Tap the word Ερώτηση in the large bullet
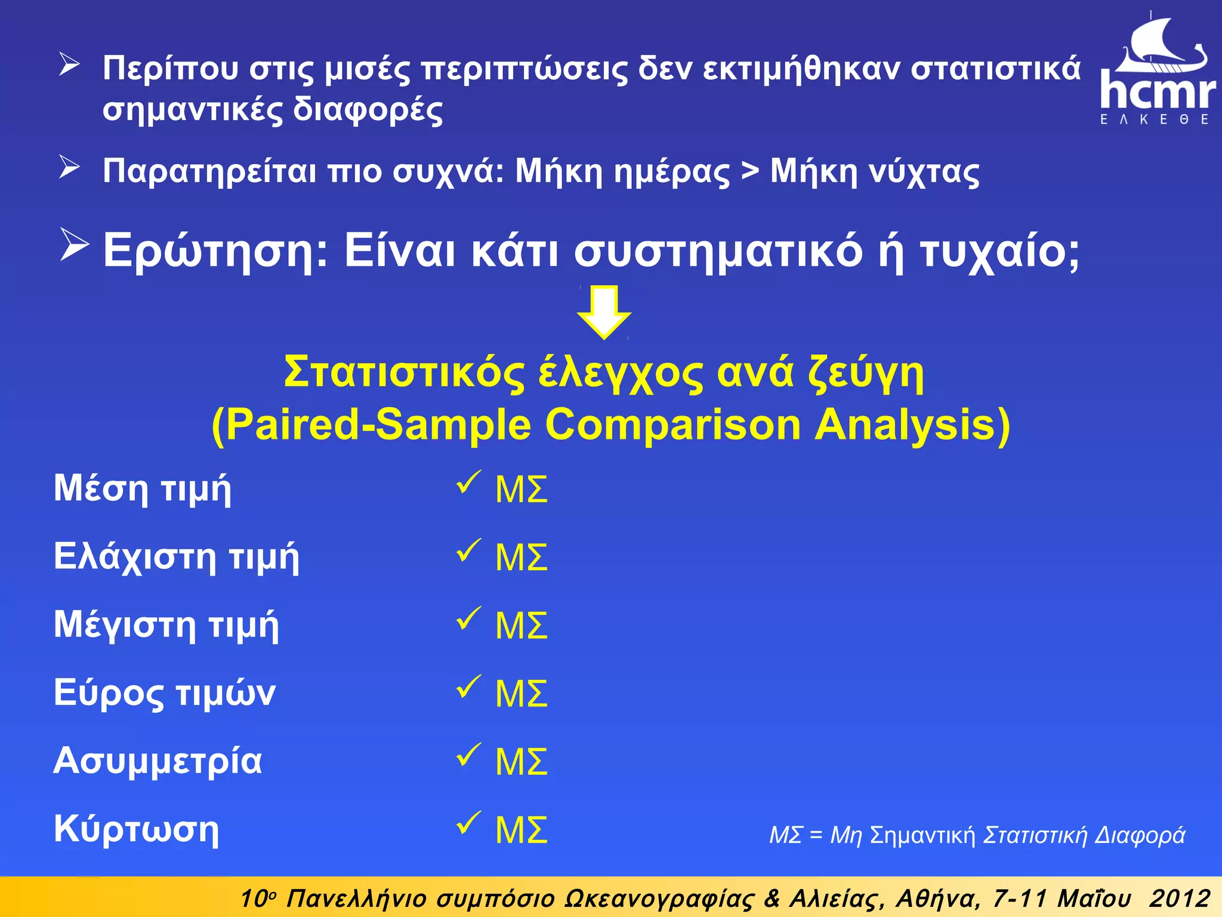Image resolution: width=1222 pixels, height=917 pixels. pyautogui.click(x=215, y=251)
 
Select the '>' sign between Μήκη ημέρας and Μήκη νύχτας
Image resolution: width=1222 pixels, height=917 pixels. pyautogui.click(x=749, y=171)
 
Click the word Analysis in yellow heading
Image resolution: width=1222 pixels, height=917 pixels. pyautogui.click(x=912, y=424)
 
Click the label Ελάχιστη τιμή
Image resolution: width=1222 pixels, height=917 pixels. pyautogui.click(x=176, y=556)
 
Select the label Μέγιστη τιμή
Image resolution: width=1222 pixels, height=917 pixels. pyautogui.click(x=166, y=625)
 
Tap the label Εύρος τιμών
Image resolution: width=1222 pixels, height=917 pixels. pyautogui.click(x=164, y=693)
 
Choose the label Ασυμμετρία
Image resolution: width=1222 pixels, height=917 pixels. pyautogui.click(x=158, y=761)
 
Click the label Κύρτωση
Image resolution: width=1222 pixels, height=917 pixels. pyautogui.click(x=136, y=829)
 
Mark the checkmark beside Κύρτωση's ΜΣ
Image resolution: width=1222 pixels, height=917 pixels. pyautogui.click(x=468, y=823)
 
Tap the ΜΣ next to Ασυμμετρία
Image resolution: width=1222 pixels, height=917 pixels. pyautogui.click(x=521, y=762)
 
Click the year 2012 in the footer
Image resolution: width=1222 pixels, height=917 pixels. pyautogui.click(x=1180, y=898)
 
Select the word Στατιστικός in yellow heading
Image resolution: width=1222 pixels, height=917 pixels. pyautogui.click(x=403, y=373)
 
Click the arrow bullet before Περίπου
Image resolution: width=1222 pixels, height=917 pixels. pyautogui.click(x=69, y=64)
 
